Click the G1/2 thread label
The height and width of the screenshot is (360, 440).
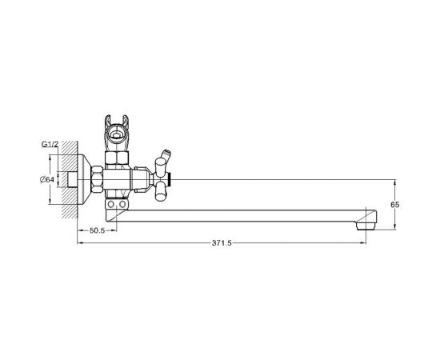point(50,144)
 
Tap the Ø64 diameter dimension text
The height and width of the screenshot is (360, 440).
point(47,179)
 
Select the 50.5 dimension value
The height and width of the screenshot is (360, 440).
point(97,230)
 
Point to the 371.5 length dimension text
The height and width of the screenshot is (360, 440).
point(222,243)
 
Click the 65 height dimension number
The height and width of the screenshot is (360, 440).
point(395,205)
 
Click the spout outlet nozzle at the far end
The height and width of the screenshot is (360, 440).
point(366,226)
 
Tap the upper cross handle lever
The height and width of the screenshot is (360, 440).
point(161,167)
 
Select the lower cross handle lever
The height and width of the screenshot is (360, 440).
point(161,191)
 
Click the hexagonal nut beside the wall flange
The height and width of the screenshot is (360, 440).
point(97,179)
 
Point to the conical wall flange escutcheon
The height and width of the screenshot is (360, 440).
point(84,179)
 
